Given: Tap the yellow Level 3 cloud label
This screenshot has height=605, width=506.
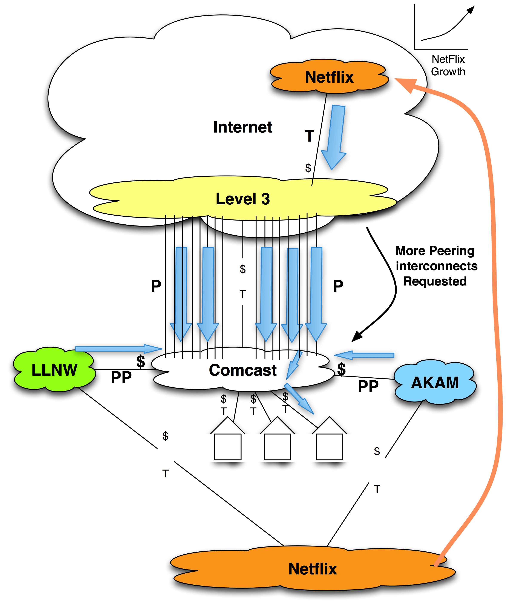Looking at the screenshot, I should point(243,199).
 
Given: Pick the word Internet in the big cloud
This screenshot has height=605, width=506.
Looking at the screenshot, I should point(243,127).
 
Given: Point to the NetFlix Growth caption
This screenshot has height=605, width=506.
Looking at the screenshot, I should point(448,65).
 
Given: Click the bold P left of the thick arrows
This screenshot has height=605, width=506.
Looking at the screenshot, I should point(156,286).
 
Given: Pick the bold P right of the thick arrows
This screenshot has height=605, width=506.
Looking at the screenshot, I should point(338,286).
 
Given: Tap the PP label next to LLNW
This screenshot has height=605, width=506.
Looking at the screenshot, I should point(121,377).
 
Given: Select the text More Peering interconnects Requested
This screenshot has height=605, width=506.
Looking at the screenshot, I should point(436,266).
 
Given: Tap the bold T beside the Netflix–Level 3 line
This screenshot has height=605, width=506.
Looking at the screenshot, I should point(309,136).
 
